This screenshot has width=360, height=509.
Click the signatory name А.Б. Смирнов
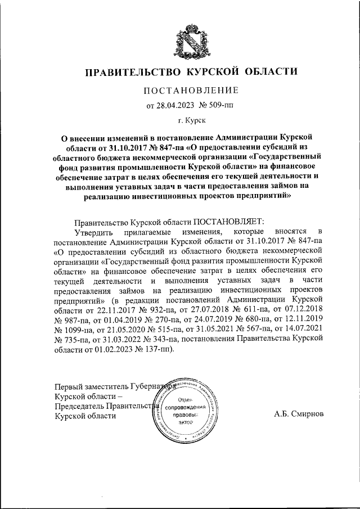pos(298,415)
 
